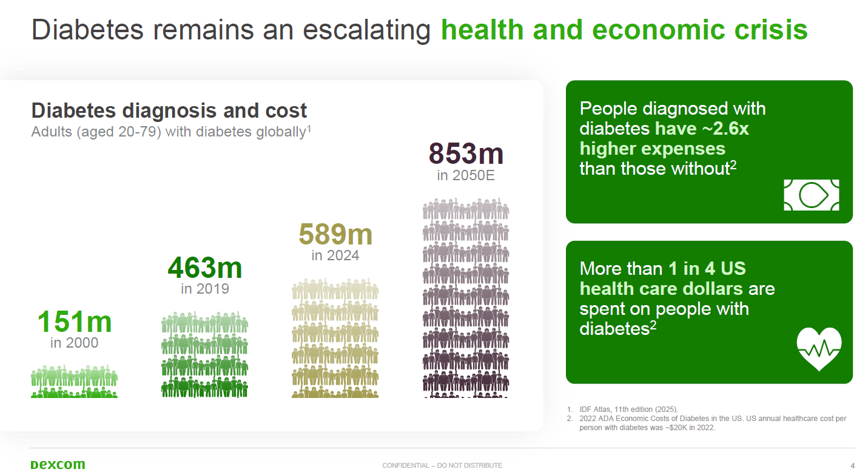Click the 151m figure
pos(75,322)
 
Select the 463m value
pos(205,268)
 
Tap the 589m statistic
pos(335,234)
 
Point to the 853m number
pos(466,153)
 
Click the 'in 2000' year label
pos(75,343)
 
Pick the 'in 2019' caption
pos(205,289)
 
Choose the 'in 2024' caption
pos(335,256)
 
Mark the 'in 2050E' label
pos(466,175)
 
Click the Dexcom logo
pos(58,464)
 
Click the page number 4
pos(852,465)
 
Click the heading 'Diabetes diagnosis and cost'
pos(169,110)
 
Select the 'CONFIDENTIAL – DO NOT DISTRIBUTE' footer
pos(442,465)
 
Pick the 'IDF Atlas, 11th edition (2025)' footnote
pos(628,410)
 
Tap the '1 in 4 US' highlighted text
pos(707,269)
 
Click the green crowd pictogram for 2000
pos(74,382)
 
